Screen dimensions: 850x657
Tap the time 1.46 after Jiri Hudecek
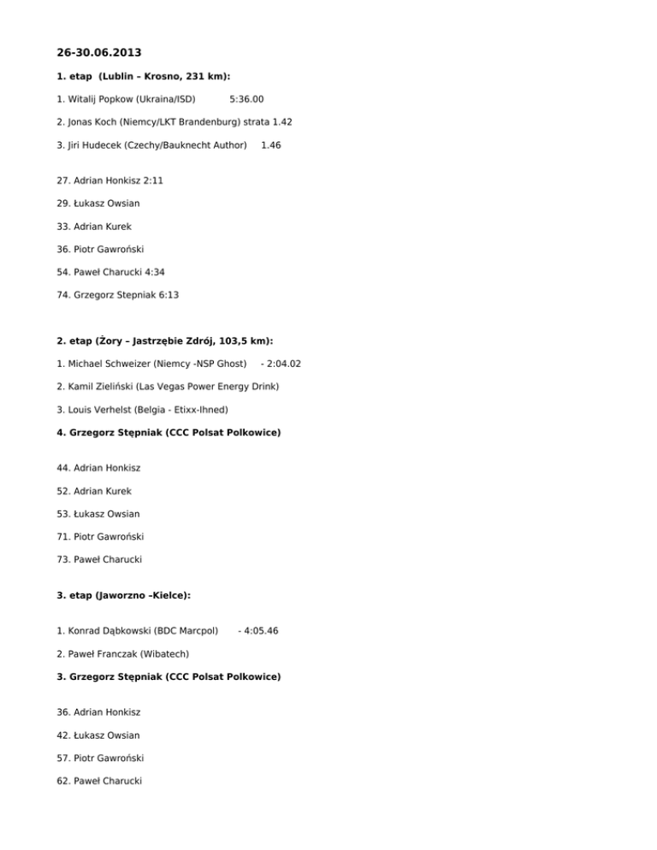coord(270,145)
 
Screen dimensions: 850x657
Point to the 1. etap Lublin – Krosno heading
coord(143,76)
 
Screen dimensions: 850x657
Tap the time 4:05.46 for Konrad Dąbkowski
coord(261,631)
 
